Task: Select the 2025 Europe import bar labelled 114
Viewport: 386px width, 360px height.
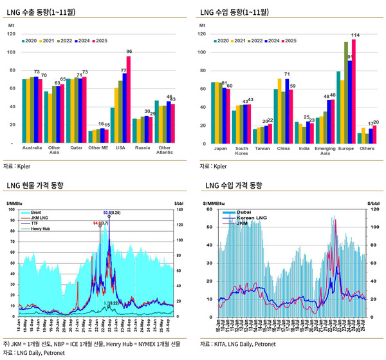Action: tap(354, 90)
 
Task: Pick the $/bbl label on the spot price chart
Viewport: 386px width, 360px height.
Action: tap(179, 204)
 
